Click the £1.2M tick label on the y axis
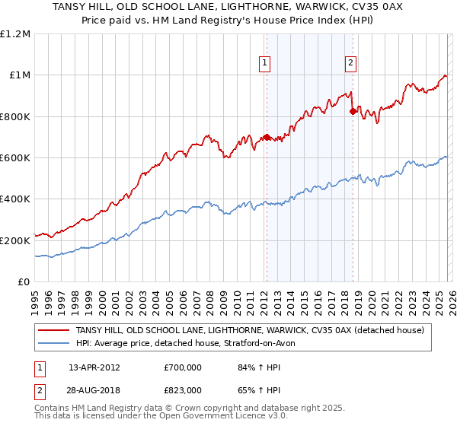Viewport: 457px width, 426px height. [15, 34]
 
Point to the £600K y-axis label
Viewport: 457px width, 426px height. [15, 158]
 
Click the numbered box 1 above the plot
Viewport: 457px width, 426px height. [265, 64]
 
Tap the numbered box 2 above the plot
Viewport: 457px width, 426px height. [351, 64]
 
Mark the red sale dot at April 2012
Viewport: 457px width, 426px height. [267, 137]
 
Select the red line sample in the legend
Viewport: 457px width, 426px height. [54, 329]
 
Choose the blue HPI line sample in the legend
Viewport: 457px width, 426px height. [54, 342]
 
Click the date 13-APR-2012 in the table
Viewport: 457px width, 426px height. [94, 368]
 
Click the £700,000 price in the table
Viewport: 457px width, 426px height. [183, 368]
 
